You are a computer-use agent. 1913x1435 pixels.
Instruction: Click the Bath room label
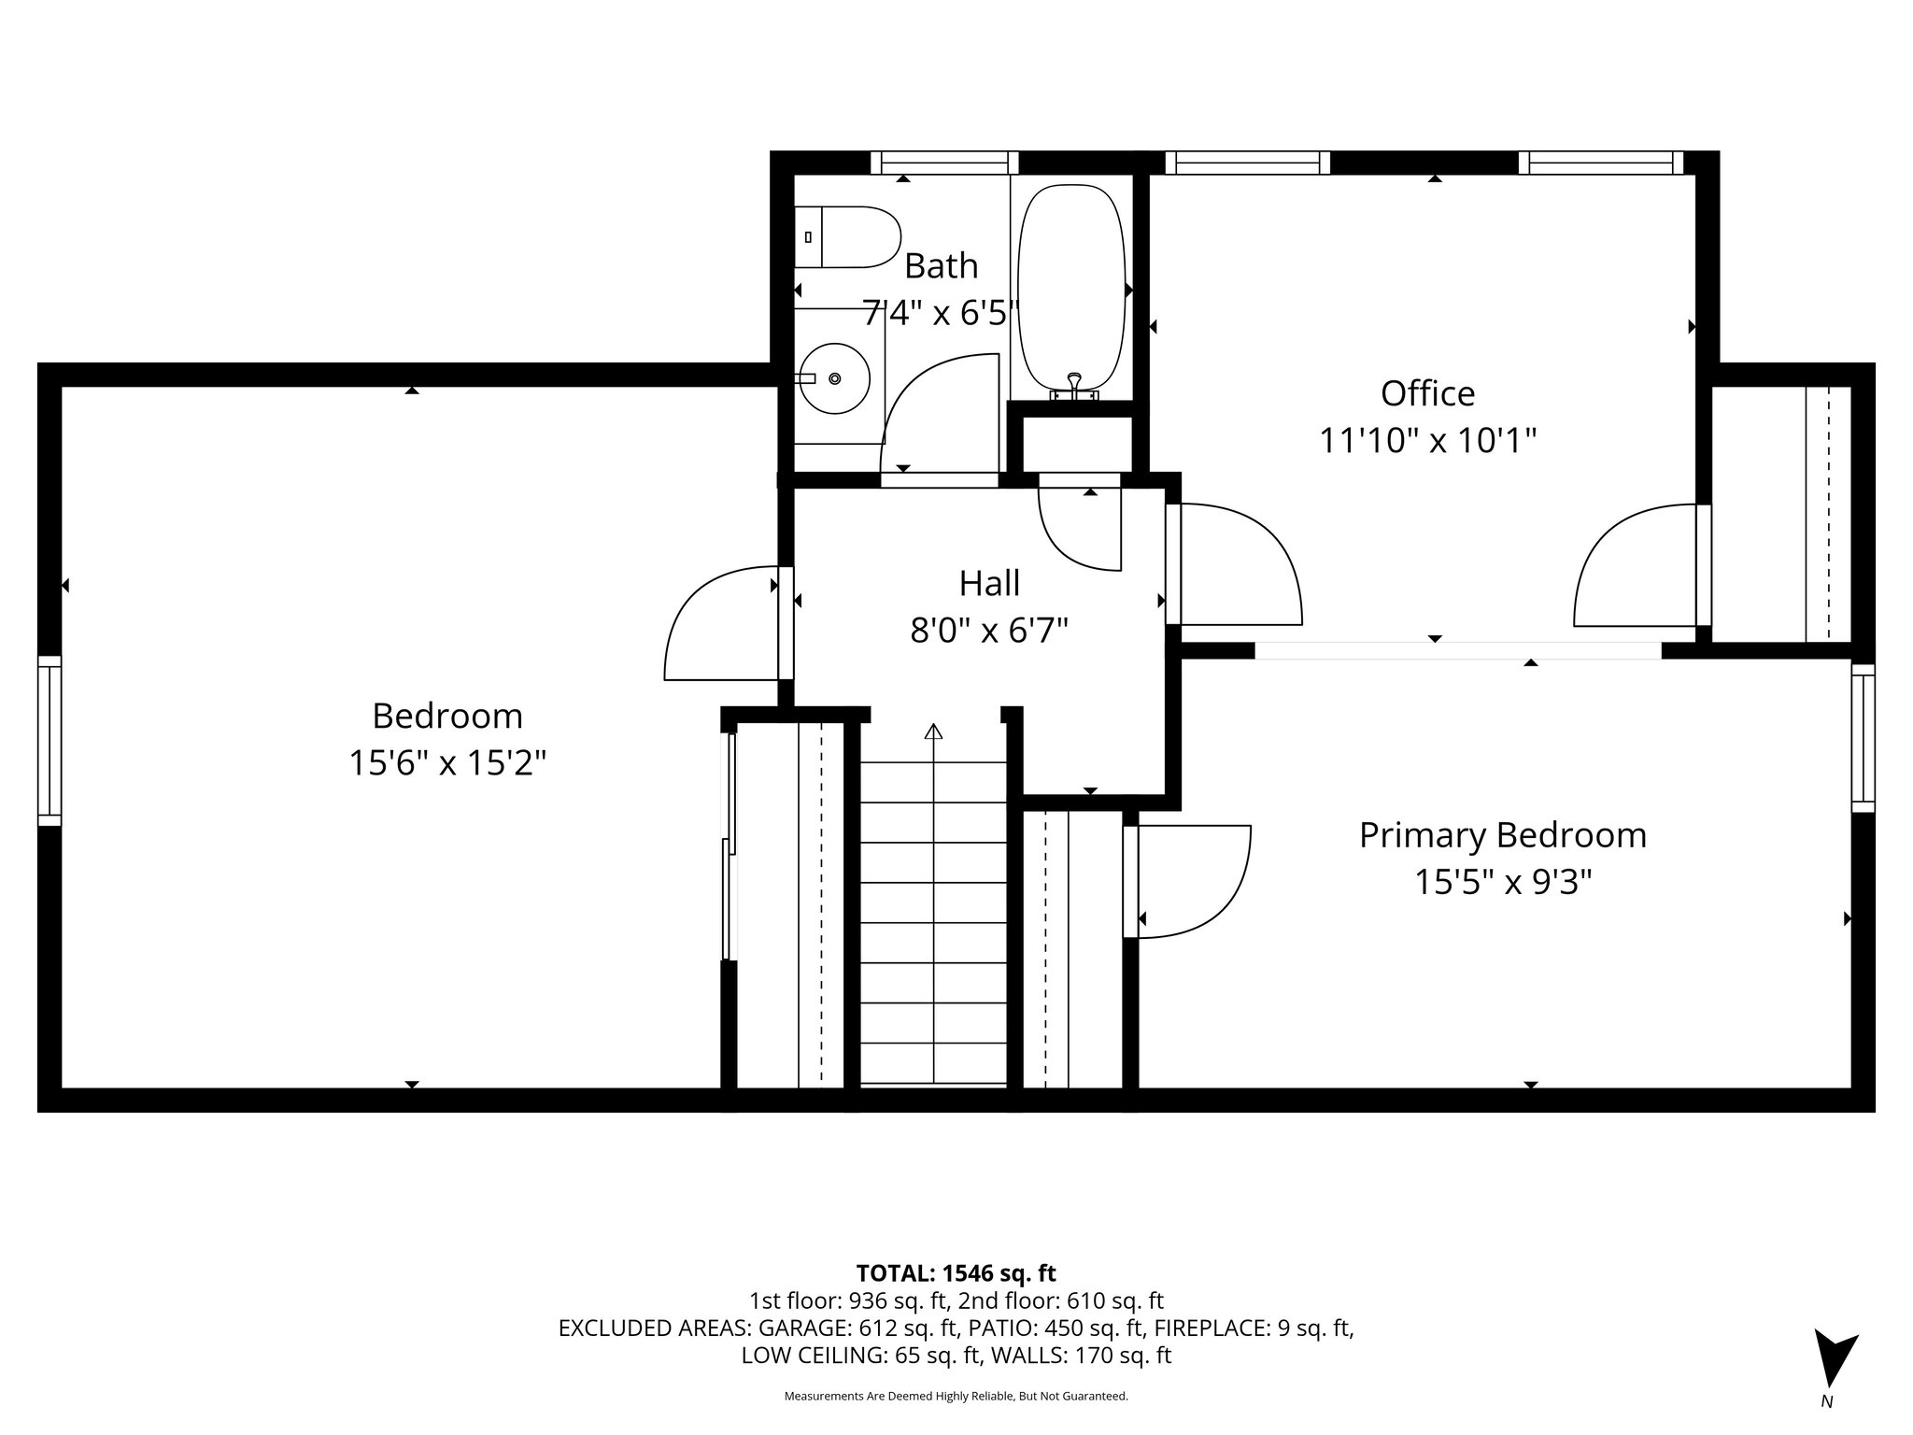tap(941, 266)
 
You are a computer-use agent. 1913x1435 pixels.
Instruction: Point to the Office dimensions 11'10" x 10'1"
tap(1427, 439)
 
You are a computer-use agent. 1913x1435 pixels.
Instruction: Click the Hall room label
tap(989, 584)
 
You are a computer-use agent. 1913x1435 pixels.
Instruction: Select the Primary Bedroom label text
tap(1502, 835)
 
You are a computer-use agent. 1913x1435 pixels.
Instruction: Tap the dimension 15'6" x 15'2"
tap(447, 763)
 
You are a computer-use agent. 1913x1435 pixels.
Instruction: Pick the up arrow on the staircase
tap(933, 732)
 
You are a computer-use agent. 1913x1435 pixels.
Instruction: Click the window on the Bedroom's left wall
tap(50, 741)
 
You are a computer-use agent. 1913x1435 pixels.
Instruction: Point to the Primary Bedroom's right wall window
tap(1863, 738)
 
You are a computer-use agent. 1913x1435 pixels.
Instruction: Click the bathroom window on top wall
tap(944, 163)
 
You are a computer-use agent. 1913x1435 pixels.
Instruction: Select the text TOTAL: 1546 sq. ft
tap(956, 1273)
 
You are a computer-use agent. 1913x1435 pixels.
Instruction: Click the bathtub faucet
tap(1075, 383)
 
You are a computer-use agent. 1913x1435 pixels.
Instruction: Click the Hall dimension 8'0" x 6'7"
tap(989, 632)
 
